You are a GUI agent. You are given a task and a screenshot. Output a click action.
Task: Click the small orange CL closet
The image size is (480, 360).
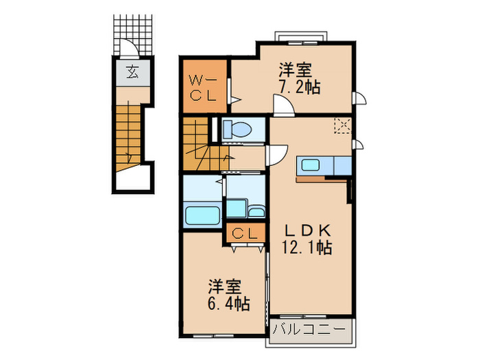(245, 233)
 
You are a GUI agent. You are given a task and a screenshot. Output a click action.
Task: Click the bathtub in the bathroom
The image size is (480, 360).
(203, 214)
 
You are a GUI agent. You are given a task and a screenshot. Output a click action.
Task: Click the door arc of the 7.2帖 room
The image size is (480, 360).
(283, 107)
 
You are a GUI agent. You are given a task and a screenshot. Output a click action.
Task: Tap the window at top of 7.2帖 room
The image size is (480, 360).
(302, 36)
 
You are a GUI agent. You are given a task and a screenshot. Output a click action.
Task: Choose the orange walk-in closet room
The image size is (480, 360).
(204, 86)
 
